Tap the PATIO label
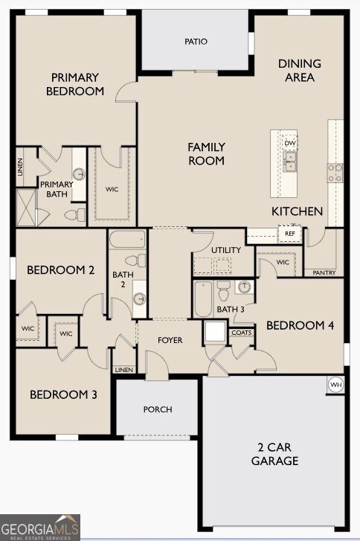coord(196,42)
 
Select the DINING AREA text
coord(300,71)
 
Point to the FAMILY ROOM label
coord(206,154)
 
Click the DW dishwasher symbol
coord(290,143)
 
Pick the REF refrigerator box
coord(289,234)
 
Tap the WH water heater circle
coord(335,385)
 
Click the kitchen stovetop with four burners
coord(335,173)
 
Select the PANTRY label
coord(324,273)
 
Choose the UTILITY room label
coord(226,250)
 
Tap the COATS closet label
coord(242,333)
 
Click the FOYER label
coord(170,341)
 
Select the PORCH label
coord(158,409)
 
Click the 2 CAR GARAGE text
coord(278,454)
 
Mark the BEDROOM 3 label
coord(63,394)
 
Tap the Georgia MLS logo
coord(40,527)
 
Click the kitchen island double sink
coord(290,161)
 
